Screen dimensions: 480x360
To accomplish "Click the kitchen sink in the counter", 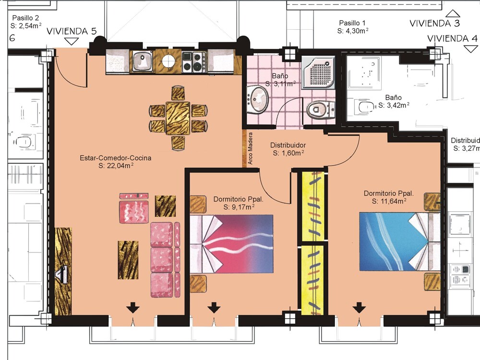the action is (143, 61).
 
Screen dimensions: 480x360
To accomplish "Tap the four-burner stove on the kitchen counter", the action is (194, 62).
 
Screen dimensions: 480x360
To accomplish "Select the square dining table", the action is (178, 118).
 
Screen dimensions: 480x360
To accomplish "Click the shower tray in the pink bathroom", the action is (318, 72).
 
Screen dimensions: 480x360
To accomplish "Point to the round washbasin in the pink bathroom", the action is (258, 99).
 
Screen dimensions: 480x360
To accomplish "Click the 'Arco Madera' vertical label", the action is (251, 148).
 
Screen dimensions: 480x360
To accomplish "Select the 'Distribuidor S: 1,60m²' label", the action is (288, 149).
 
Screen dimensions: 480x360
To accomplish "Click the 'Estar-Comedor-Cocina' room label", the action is (115, 158).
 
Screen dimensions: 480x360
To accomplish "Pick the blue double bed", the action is (400, 242).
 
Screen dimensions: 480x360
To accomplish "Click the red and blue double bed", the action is (231, 244).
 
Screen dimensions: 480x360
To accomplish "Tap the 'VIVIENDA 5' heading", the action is (72, 31).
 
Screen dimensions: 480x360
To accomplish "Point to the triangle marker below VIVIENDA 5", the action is (72, 42).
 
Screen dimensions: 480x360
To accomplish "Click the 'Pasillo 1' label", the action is (352, 23).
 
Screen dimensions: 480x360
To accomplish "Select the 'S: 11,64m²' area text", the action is (389, 201).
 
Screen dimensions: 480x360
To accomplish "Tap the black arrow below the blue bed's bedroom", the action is (359, 308).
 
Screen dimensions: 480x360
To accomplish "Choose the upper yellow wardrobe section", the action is (313, 206).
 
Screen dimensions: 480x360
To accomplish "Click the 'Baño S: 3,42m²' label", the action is (394, 101).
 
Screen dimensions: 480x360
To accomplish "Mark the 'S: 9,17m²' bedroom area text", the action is (239, 207).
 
